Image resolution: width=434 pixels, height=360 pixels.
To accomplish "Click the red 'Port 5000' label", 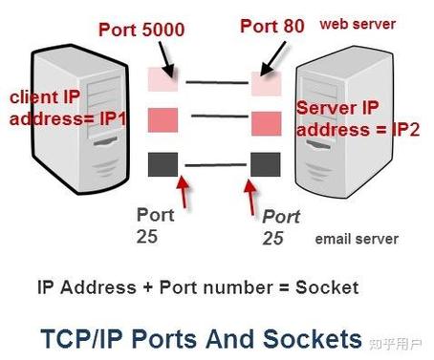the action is point(141,30).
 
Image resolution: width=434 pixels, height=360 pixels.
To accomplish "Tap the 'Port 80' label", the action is point(272,26).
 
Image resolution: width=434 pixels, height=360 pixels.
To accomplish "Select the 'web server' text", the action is point(358,24).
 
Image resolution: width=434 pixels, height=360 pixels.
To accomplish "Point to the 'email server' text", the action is point(357,239).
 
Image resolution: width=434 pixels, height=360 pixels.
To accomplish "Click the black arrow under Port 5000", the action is point(166,59).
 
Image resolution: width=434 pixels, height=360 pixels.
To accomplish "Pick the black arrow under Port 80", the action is point(272,59).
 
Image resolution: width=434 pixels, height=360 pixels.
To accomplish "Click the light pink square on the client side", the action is point(163,79).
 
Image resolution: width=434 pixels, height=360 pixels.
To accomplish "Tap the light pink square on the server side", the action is point(267,83).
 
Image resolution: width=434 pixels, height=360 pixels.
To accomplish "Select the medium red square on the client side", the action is point(163,119).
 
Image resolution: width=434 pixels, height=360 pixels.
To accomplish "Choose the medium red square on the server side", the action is point(267,123).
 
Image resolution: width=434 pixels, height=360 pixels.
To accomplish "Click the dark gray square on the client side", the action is point(163,164).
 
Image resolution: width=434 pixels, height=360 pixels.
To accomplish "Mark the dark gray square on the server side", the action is point(266,164).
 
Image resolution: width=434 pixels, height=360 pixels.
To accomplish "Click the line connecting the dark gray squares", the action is point(216,165).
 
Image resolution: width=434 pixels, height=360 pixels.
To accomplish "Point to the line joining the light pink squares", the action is point(217,82).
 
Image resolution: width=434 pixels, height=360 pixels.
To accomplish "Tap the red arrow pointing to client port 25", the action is point(183,192).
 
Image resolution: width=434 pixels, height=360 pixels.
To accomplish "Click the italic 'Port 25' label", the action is point(281,227).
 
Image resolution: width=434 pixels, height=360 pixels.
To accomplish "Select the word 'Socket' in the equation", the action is point(327,287).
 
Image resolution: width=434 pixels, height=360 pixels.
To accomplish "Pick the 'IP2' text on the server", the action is point(405,130).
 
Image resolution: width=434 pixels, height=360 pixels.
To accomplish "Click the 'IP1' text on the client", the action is point(113,119).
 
